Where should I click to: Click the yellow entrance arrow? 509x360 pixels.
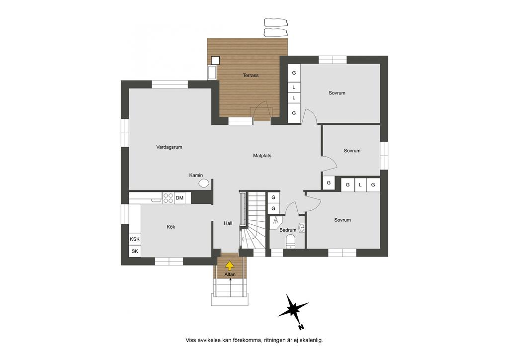[x=230, y=266]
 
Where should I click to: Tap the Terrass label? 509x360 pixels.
[x=251, y=75]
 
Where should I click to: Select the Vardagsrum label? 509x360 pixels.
[x=169, y=147]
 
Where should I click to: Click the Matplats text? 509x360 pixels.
[x=262, y=156]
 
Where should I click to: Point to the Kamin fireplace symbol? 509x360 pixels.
[x=203, y=183]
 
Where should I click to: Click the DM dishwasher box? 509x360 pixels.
[x=179, y=198]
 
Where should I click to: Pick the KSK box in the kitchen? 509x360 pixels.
[x=135, y=239]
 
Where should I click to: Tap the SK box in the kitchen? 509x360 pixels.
[x=135, y=251]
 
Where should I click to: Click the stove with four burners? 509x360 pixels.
[x=168, y=198]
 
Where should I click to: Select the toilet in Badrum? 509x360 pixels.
[x=290, y=242]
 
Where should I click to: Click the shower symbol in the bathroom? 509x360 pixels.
[x=275, y=220]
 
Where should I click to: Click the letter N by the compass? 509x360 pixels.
[x=301, y=327]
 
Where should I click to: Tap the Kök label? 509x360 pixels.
[x=171, y=227]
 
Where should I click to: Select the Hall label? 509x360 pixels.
[x=228, y=223]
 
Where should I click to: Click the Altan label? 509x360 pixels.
[x=230, y=274]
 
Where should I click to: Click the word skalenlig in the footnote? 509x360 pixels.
[x=311, y=341]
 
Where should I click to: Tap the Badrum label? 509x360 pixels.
[x=288, y=230]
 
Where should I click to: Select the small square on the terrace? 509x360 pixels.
[x=215, y=60]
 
